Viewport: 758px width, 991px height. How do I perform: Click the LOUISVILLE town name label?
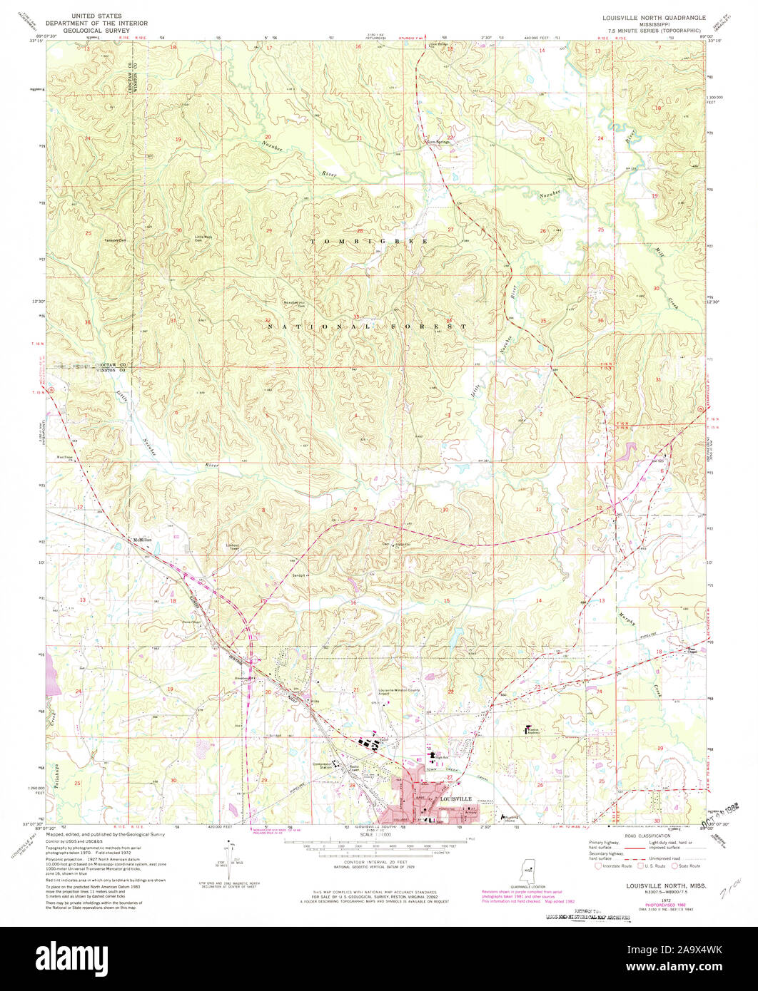[x=456, y=799]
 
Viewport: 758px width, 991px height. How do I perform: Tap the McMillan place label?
[x=143, y=540]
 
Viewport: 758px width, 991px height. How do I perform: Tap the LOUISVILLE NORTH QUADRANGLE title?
[x=644, y=16]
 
